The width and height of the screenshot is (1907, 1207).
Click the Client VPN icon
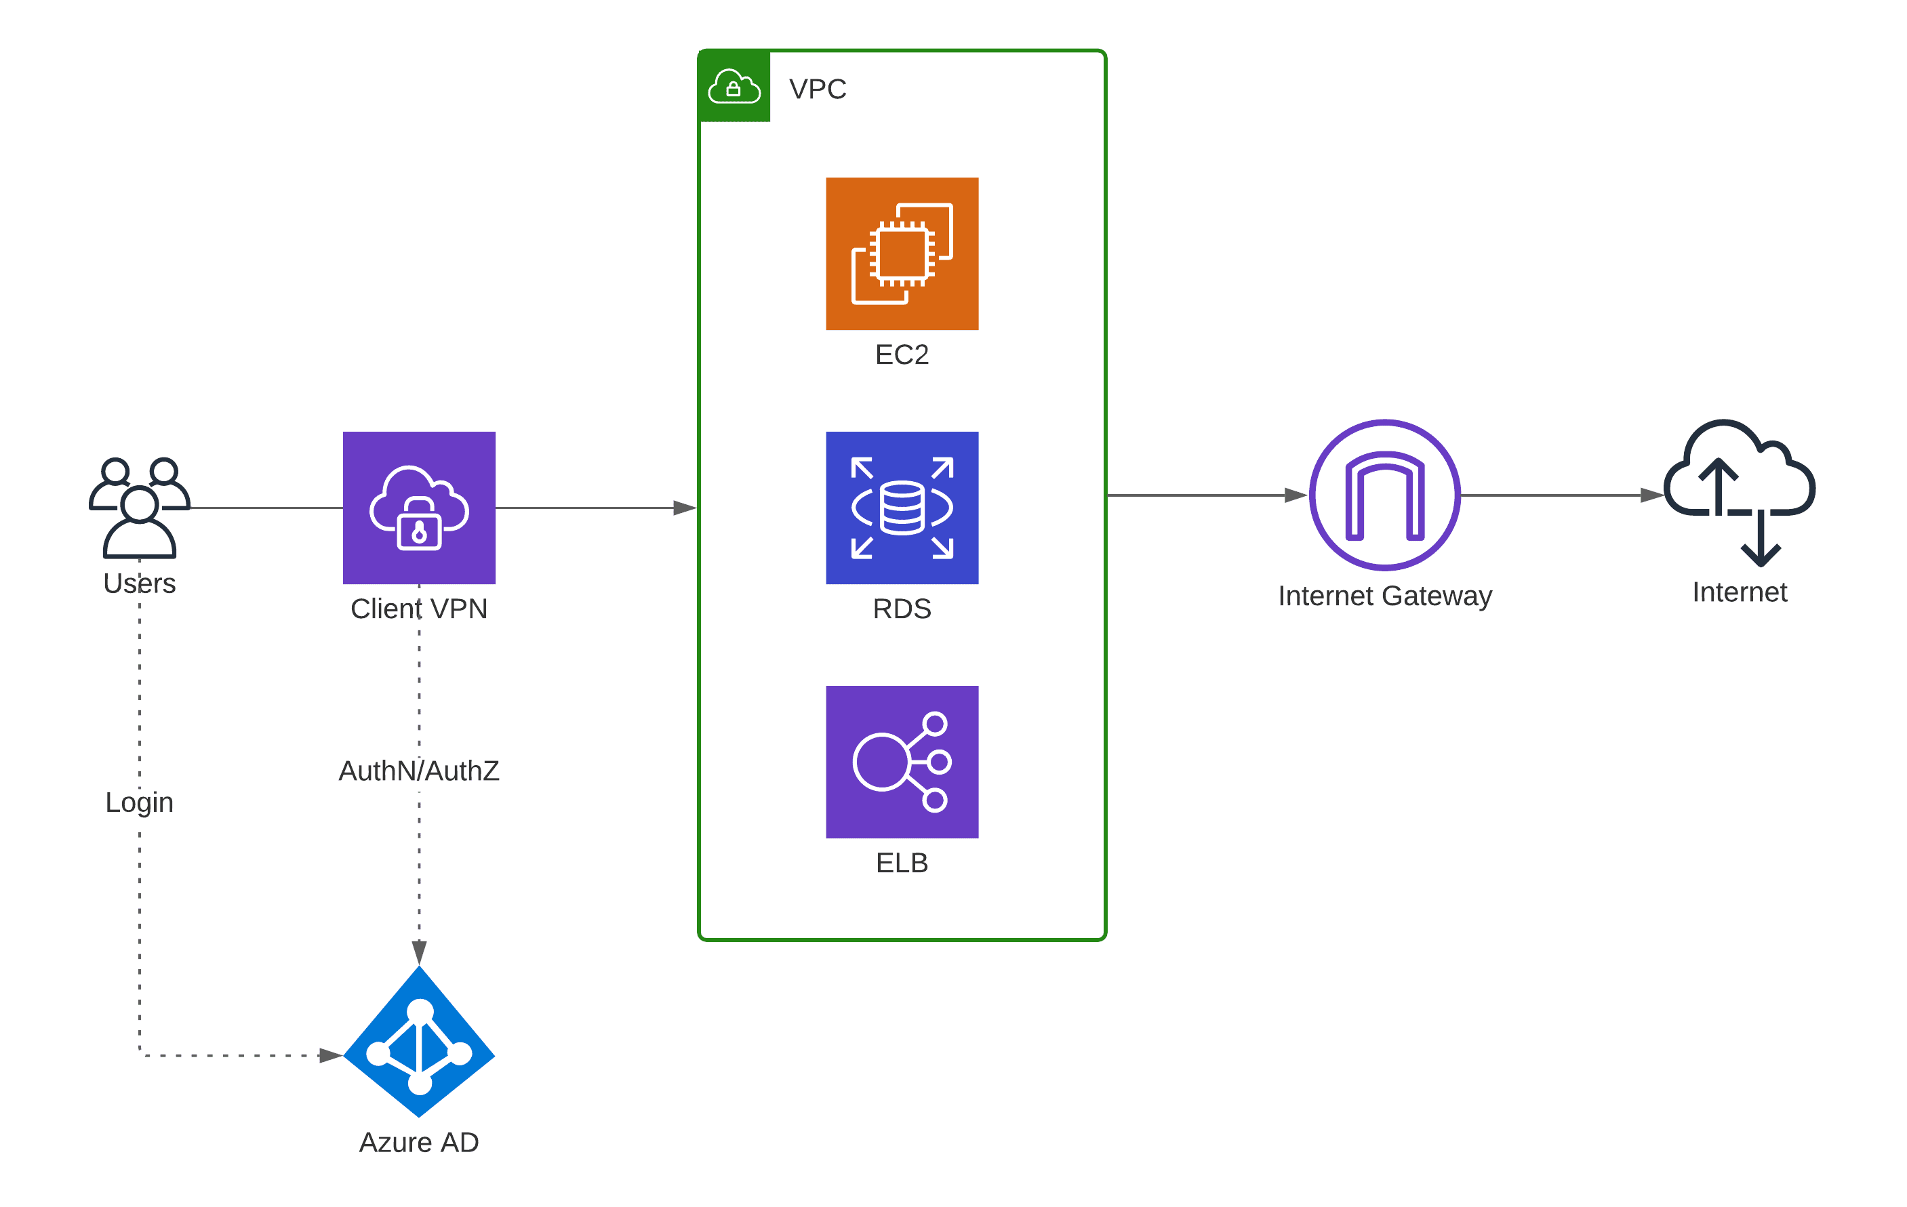(419, 508)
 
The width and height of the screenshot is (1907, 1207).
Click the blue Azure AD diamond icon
(419, 1041)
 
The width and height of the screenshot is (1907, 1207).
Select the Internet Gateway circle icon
(1384, 495)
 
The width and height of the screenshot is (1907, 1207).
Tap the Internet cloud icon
(1739, 491)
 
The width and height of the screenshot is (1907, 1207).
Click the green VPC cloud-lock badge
(734, 86)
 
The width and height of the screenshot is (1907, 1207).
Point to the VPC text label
(818, 89)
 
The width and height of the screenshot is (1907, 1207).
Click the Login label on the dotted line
(140, 802)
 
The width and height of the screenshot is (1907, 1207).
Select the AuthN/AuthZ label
(419, 770)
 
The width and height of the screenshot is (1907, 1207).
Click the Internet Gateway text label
(1384, 595)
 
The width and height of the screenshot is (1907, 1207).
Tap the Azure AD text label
(419, 1142)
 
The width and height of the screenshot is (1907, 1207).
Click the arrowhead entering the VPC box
(685, 508)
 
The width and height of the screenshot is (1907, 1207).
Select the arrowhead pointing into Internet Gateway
(1296, 495)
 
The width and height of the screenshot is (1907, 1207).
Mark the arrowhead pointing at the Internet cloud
(1651, 495)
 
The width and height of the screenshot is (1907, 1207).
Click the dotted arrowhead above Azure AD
(419, 952)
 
